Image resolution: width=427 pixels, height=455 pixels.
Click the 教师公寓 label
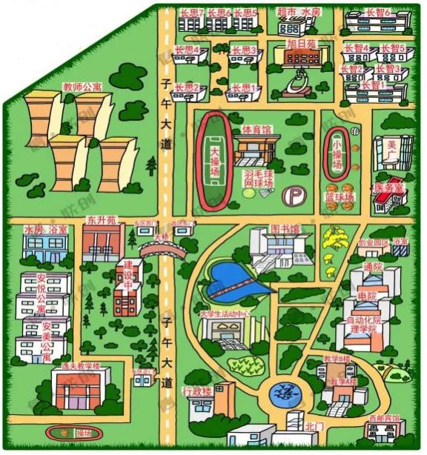pos(82,87)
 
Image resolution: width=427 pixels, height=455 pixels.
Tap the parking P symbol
pos(297,195)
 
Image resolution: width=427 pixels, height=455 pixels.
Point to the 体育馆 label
pos(257,130)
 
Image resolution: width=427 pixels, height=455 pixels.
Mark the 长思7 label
pos(191,13)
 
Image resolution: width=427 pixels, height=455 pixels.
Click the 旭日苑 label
pos(302,44)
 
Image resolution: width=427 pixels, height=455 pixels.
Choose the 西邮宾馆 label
pos(387,419)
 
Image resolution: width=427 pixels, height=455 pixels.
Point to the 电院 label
pos(366,296)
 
